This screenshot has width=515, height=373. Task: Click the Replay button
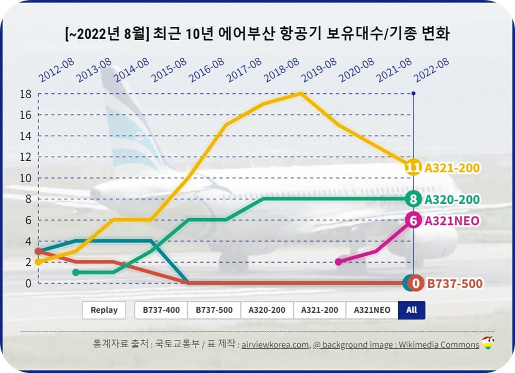click(x=104, y=310)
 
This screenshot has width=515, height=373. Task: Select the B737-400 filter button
click(x=161, y=310)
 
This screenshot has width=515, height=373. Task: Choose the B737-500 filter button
click(x=214, y=310)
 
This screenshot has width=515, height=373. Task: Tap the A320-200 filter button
click(x=267, y=310)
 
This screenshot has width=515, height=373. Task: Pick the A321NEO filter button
click(x=372, y=310)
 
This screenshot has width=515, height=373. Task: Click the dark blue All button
click(x=411, y=310)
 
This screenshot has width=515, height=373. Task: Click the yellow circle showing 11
click(x=413, y=168)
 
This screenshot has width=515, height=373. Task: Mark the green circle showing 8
click(x=413, y=199)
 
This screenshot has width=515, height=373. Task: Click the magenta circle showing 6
click(x=413, y=220)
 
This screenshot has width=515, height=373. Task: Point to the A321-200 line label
click(x=452, y=168)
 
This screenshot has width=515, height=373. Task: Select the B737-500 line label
click(x=454, y=283)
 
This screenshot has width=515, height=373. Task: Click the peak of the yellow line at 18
click(x=300, y=93)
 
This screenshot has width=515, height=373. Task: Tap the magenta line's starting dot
click(x=338, y=262)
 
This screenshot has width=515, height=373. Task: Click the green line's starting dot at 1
click(x=76, y=272)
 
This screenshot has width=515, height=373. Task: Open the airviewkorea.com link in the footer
click(x=276, y=345)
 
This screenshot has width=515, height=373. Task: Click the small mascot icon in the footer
click(x=487, y=343)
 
